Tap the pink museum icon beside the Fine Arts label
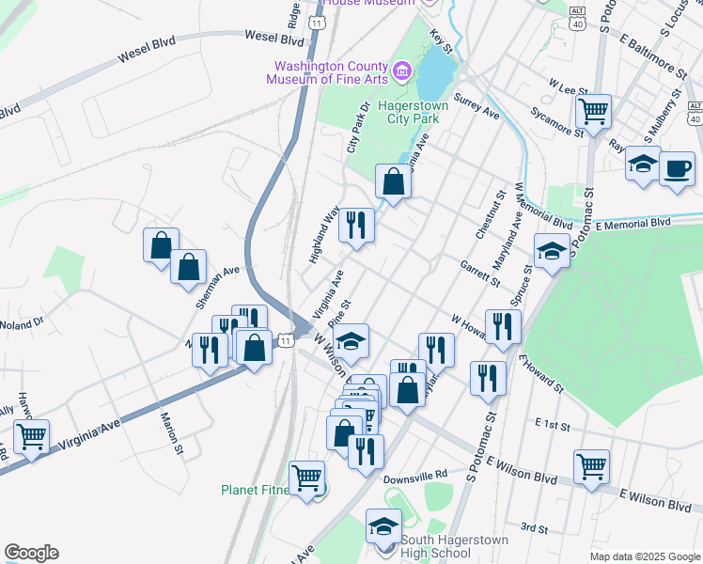tap(401, 70)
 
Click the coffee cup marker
tap(677, 169)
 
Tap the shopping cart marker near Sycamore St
tap(594, 112)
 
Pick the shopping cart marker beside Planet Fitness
tap(307, 478)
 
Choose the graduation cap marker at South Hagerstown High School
tap(383, 526)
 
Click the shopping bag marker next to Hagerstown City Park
tap(394, 180)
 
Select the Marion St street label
tap(171, 432)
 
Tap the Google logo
tap(31, 553)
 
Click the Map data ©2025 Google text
tap(644, 556)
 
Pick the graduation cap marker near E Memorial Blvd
tap(552, 250)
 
